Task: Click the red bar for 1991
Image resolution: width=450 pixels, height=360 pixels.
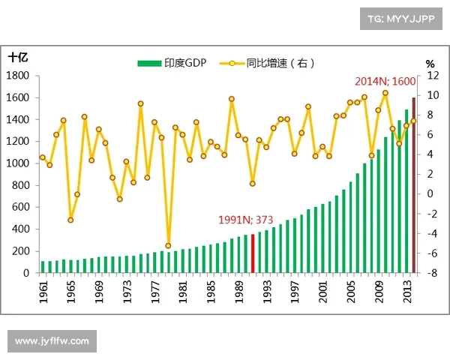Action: pos(253,253)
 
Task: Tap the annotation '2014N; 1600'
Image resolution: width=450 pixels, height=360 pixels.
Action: pos(385,81)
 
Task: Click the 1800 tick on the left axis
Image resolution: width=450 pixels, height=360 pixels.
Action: pos(17,76)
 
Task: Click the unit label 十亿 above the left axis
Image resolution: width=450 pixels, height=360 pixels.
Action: pos(19,57)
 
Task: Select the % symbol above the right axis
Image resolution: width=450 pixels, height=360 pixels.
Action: pos(430,63)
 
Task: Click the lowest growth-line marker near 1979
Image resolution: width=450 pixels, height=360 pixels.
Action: pos(169,245)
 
